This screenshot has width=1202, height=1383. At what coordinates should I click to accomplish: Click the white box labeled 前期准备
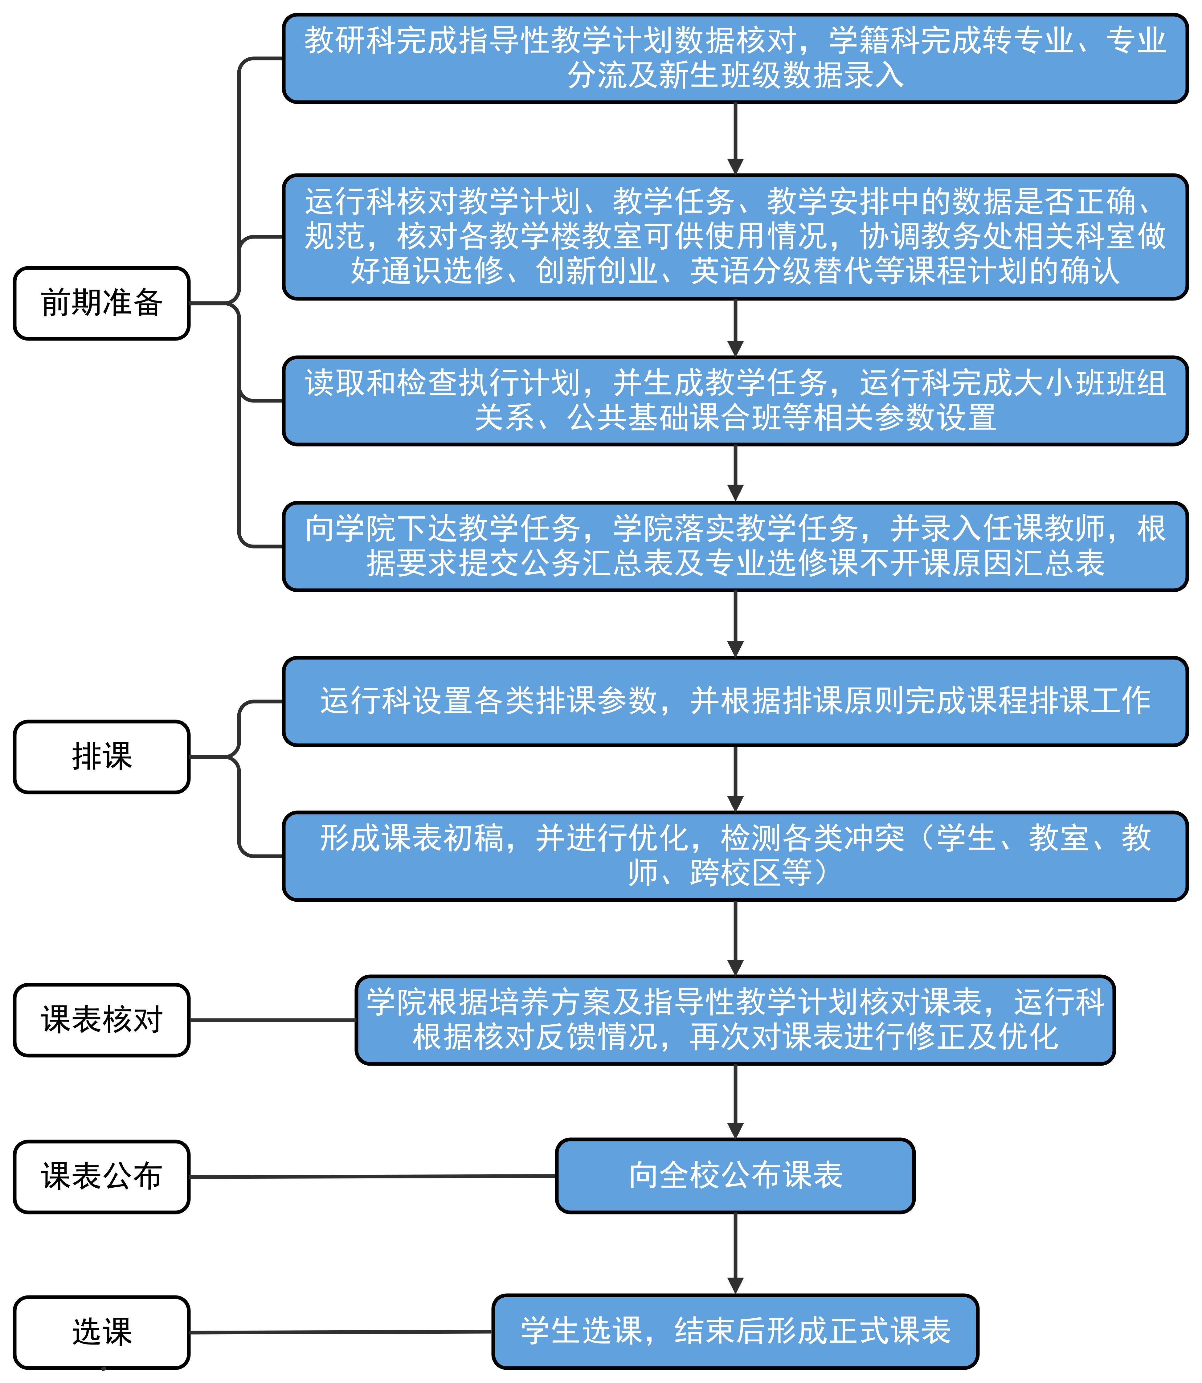point(101,303)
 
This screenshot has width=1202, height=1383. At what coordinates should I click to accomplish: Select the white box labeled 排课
point(101,757)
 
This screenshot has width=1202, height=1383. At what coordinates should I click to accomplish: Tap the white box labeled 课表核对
point(101,1019)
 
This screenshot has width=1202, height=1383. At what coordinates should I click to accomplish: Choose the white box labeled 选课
point(101,1332)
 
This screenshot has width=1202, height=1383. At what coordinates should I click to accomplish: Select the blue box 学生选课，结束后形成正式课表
point(735,1331)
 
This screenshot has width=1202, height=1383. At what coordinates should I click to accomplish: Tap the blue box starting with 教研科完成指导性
point(735,58)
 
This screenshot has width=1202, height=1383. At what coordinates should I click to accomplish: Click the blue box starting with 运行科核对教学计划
point(735,237)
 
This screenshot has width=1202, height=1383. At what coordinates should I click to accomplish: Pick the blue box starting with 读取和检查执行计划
point(735,400)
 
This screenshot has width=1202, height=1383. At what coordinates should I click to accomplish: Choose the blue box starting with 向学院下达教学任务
point(735,546)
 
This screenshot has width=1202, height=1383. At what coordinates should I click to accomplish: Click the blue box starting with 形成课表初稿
point(735,856)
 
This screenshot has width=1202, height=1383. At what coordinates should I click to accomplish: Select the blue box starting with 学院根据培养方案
point(735,1019)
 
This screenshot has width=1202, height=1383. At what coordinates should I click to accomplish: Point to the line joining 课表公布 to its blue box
point(372,1177)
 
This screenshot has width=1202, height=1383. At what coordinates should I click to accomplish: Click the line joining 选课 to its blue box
point(341,1332)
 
